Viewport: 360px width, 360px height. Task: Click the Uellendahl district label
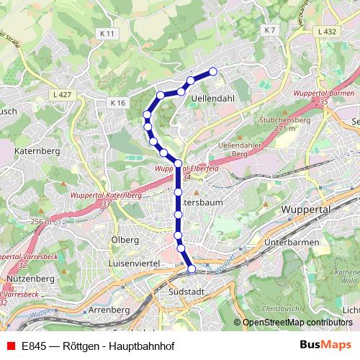pos(215,101)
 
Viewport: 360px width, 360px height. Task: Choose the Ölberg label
pos(124,240)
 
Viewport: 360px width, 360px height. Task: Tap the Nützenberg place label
pos(26,278)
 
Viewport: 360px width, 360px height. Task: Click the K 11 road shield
pos(107,33)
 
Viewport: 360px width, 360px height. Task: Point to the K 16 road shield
pos(118,103)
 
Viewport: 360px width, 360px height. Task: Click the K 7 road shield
pos(270,30)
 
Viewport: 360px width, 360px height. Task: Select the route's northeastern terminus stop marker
pos(213,71)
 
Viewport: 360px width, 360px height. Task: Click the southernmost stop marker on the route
pos(192,269)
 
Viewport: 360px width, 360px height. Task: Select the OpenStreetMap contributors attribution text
pos(297,323)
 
